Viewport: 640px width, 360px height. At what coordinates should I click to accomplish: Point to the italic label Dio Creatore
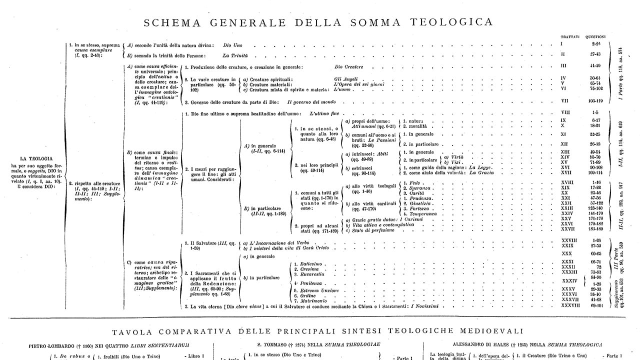click(x=348, y=66)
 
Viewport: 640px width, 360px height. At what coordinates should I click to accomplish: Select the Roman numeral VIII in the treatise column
click(x=565, y=113)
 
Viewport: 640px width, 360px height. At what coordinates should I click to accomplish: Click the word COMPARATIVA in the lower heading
click(x=214, y=330)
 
